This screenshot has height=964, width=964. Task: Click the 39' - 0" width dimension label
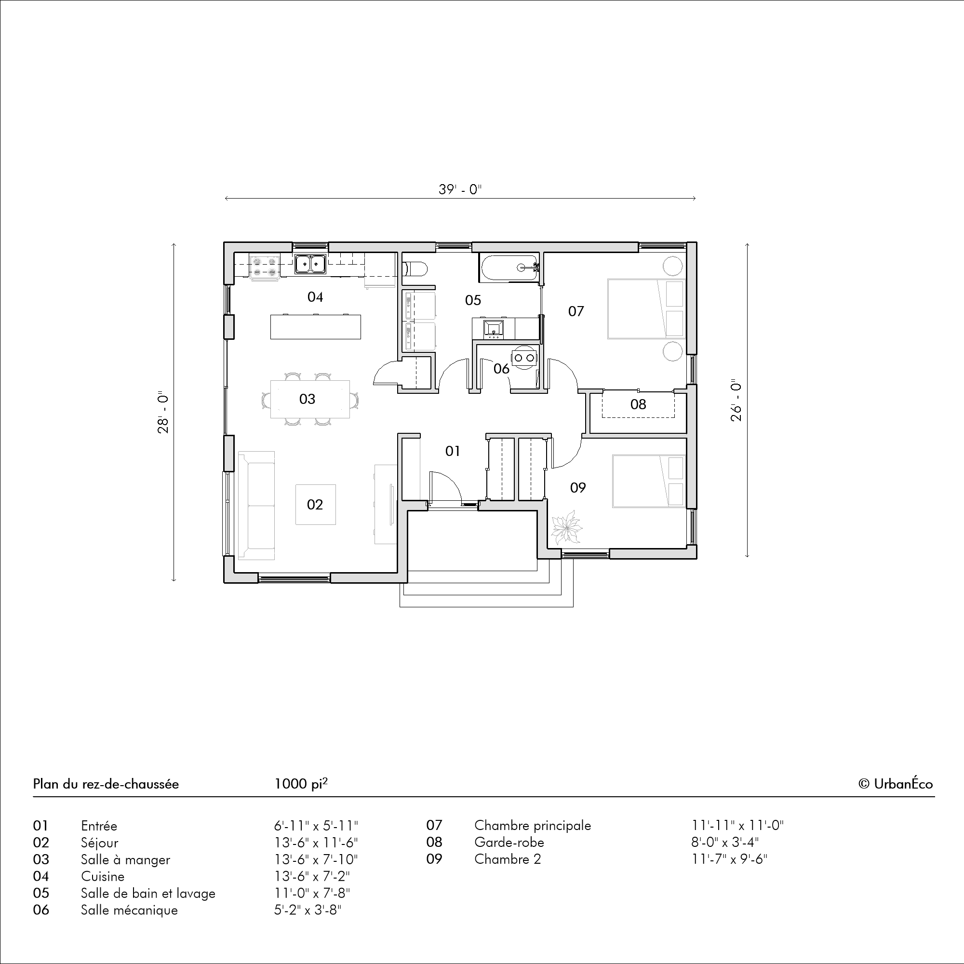coord(460,189)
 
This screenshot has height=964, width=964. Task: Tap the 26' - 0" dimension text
coord(736,402)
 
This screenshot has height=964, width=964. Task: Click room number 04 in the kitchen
coord(315,297)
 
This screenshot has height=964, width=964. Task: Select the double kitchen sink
coord(310,264)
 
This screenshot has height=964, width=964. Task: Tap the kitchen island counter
coord(315,327)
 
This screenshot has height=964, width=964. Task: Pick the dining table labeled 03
coord(310,399)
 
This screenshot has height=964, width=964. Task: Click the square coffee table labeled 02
coord(315,505)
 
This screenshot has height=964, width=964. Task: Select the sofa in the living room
coord(256,505)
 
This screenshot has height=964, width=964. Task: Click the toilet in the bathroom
coord(415,269)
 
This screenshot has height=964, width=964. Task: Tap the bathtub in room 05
coord(509,268)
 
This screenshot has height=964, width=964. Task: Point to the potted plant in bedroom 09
coord(566,527)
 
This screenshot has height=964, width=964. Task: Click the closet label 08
coord(638,404)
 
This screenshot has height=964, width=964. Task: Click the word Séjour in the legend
coord(99,843)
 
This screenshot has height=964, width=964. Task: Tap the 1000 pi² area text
coord(301,783)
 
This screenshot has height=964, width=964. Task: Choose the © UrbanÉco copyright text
coord(896,784)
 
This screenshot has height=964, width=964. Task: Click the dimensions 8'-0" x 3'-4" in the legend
coord(725,842)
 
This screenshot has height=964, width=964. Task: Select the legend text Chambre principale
coord(533,826)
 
